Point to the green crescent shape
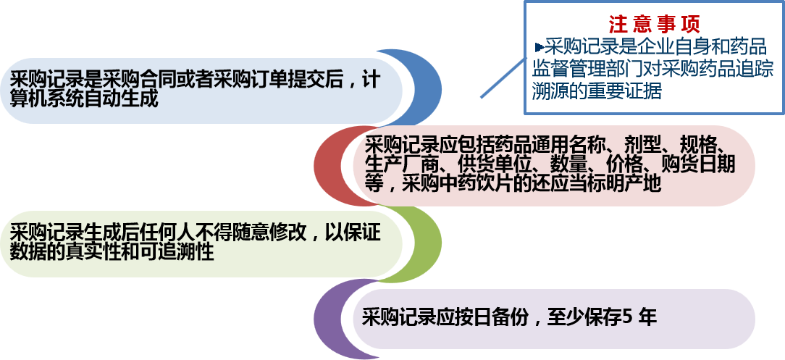(x=423, y=243)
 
